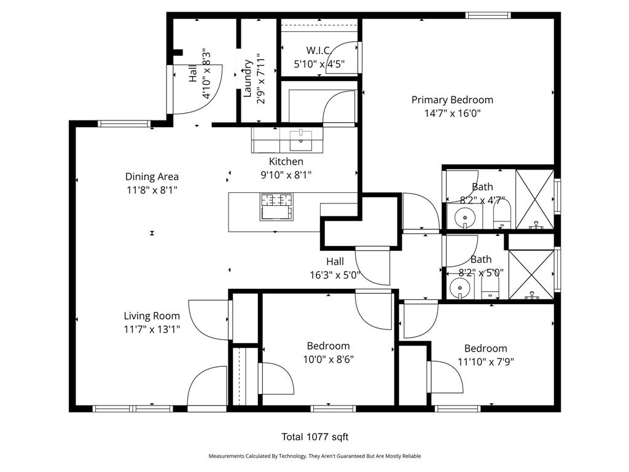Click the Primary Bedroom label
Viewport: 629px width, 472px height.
click(452, 100)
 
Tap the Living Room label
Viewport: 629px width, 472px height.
click(152, 317)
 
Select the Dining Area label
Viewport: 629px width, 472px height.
click(152, 176)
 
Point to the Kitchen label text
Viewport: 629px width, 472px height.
click(286, 162)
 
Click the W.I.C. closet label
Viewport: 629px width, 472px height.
click(319, 50)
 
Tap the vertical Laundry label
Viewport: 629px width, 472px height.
click(247, 78)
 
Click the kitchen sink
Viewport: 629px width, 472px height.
click(301, 140)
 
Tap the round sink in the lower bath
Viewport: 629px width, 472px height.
click(459, 288)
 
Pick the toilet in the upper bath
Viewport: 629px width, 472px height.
click(502, 214)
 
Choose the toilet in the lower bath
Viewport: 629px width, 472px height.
click(490, 288)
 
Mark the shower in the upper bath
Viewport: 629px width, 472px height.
click(535, 200)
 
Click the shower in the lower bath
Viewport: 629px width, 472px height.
click(531, 275)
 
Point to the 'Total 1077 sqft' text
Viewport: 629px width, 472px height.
click(315, 437)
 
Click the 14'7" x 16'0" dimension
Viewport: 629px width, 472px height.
click(453, 113)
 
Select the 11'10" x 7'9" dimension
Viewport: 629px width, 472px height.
click(486, 362)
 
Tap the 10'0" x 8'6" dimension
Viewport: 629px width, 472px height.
click(328, 359)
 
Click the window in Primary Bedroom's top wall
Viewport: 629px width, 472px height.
click(488, 15)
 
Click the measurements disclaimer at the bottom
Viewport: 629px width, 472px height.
click(315, 456)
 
